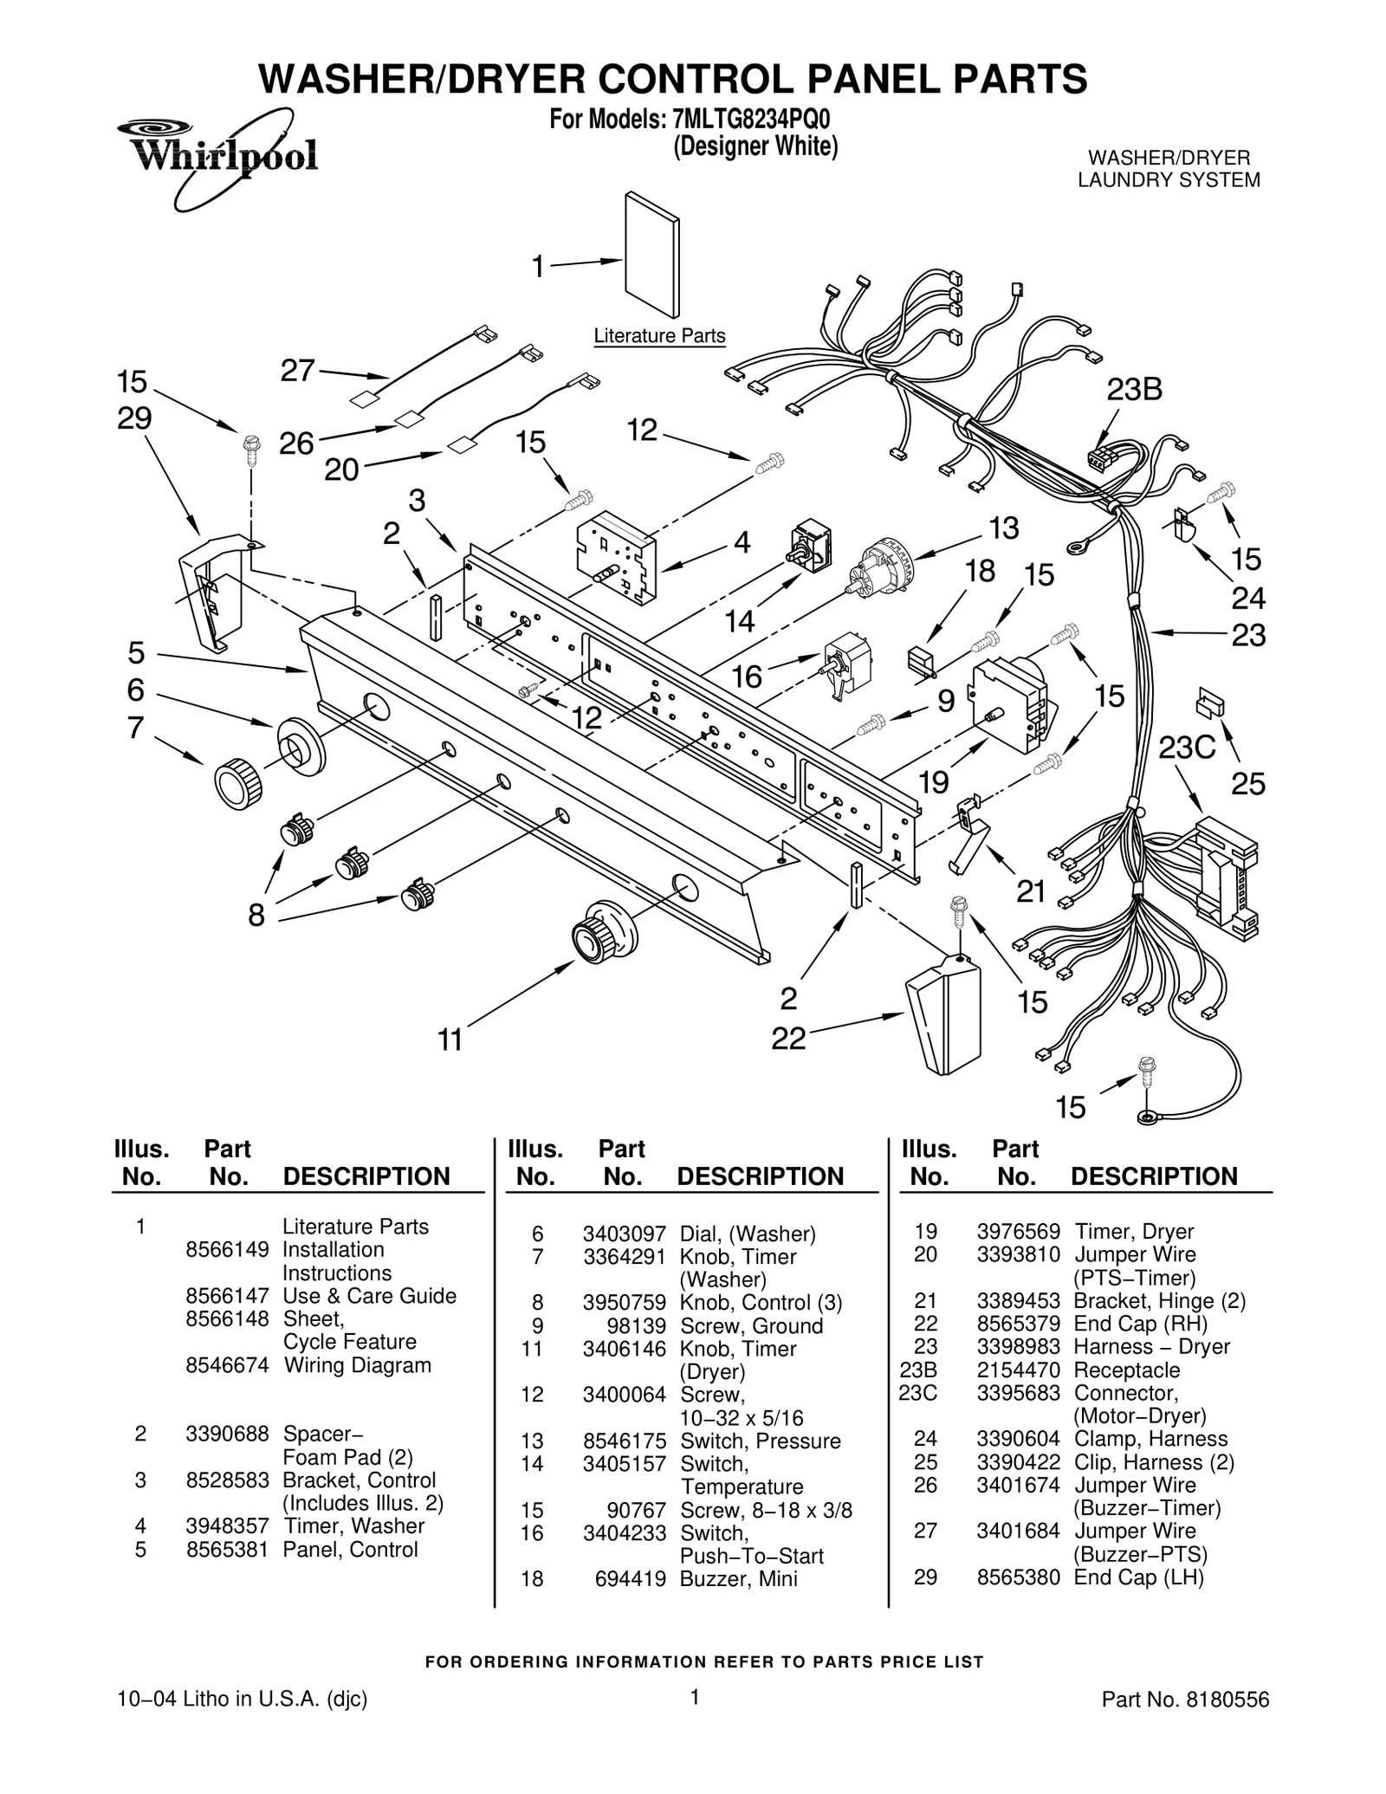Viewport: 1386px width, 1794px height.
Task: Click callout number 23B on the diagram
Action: click(x=1134, y=391)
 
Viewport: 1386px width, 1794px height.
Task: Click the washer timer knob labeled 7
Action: click(x=237, y=781)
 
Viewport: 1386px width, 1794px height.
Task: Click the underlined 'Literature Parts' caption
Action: click(x=659, y=336)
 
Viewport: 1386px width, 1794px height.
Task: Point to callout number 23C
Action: click(x=1188, y=748)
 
